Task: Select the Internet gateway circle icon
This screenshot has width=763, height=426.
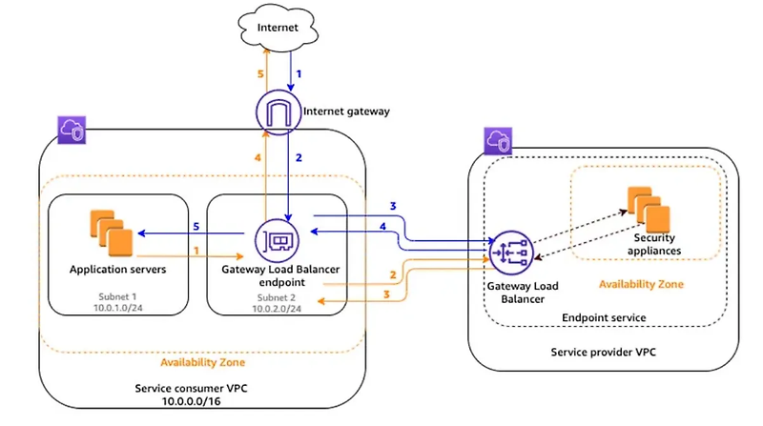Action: point(277,112)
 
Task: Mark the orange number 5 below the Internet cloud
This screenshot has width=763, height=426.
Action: point(256,72)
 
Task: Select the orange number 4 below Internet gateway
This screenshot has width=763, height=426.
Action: point(256,157)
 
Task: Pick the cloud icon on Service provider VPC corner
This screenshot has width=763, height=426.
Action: point(494,143)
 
